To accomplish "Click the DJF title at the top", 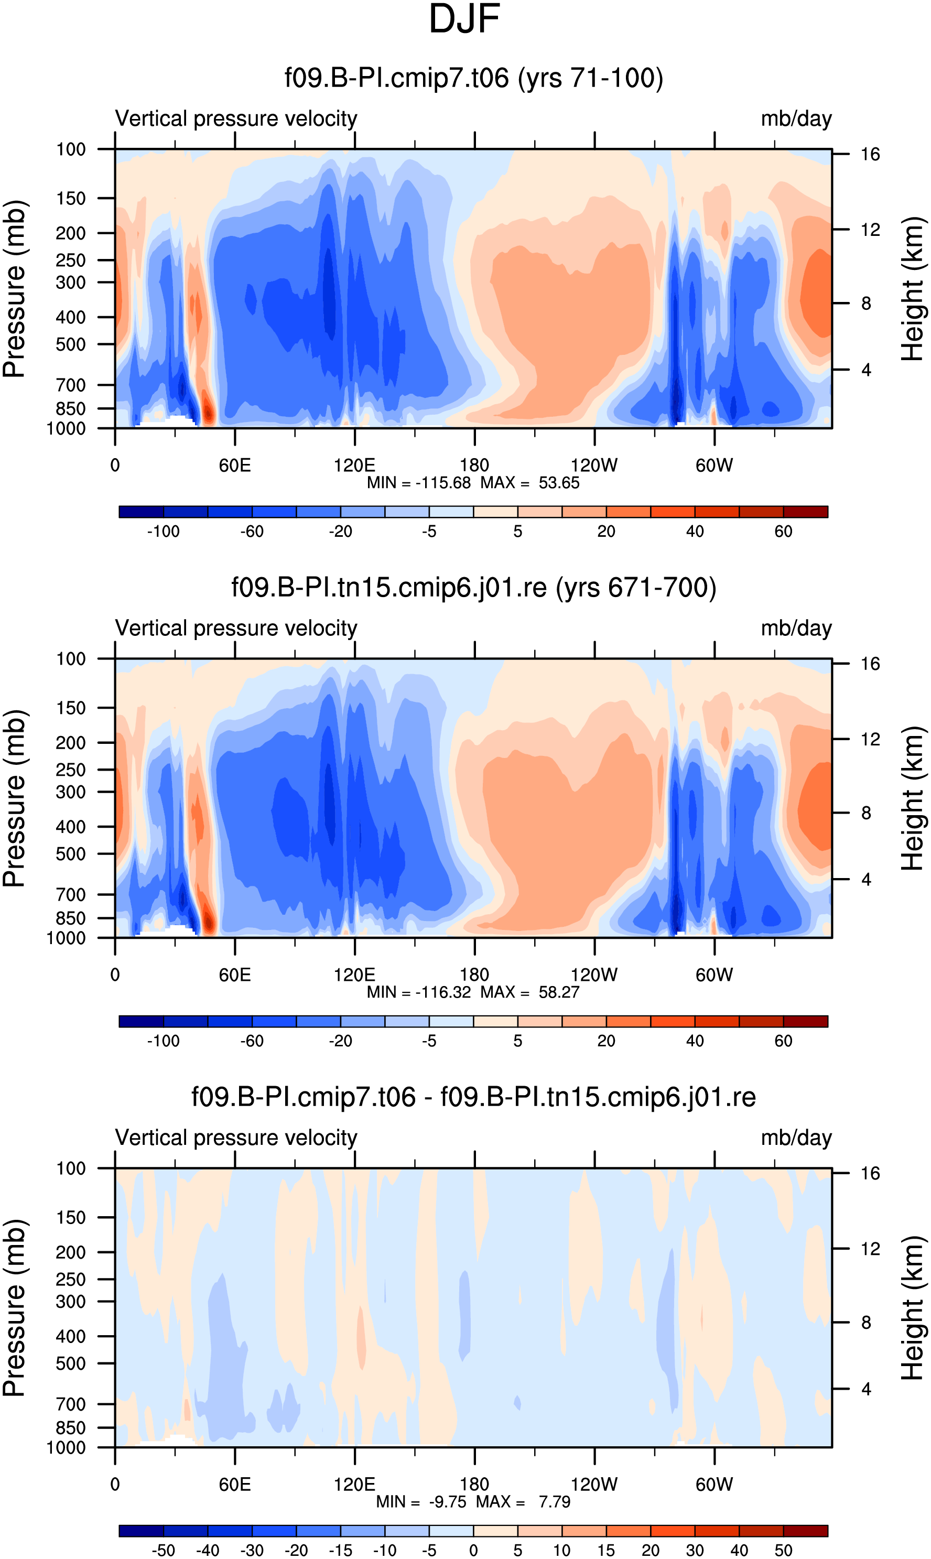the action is [464, 19].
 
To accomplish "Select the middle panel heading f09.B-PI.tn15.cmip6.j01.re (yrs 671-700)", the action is [474, 588].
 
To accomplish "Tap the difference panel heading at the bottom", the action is [474, 1097].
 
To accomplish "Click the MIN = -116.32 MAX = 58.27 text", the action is [473, 992].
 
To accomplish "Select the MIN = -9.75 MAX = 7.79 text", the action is [473, 1501].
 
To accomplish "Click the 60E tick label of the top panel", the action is [235, 465].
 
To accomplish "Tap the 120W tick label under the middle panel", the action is [594, 975].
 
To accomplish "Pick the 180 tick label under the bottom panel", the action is [474, 1485].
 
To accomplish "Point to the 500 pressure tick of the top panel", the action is [71, 344].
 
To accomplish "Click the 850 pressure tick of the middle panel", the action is [71, 918].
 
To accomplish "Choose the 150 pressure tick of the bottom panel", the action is [71, 1218].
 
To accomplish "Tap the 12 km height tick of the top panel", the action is [870, 230].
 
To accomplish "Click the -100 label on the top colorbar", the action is [163, 532].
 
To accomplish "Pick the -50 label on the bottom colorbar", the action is [163, 1550].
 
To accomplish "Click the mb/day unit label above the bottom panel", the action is [796, 1138].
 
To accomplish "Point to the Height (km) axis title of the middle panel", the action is [913, 799].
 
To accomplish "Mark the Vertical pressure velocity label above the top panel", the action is [236, 118].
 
